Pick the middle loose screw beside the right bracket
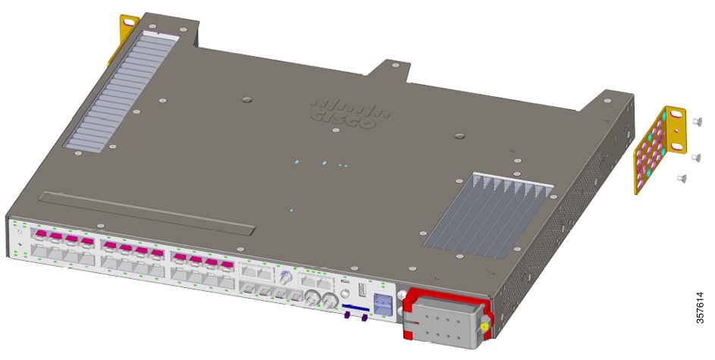(695, 157)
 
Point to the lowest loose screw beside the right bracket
(682, 178)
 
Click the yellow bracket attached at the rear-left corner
(122, 38)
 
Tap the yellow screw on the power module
(485, 327)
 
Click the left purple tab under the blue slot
(348, 318)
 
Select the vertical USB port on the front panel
(362, 292)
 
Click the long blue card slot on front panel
(355, 308)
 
